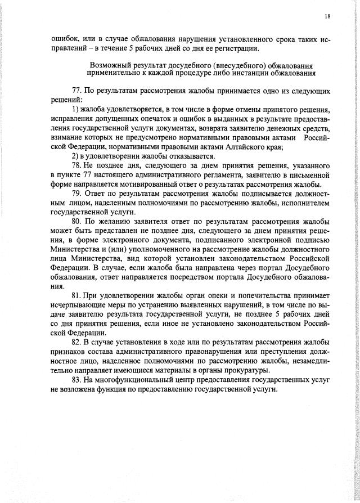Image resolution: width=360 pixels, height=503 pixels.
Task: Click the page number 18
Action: [327, 17]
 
